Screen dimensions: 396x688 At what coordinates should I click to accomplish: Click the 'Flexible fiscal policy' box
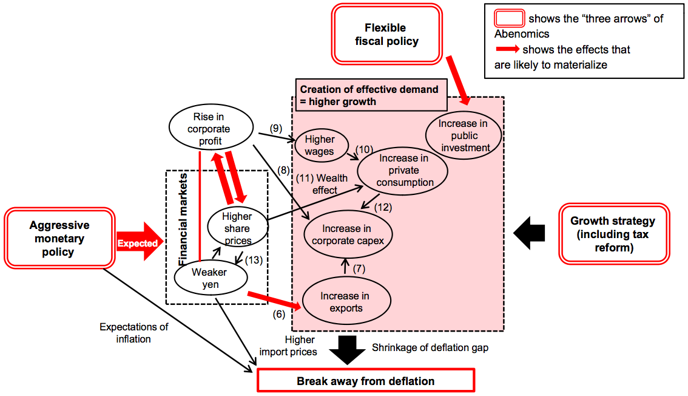(386, 35)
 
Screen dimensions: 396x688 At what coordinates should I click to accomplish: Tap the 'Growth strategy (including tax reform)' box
(613, 234)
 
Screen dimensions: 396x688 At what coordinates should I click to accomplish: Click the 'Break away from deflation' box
(365, 381)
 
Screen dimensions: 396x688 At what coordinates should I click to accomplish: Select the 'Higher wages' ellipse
(320, 146)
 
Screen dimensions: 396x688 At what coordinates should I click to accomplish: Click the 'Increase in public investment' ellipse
(464, 135)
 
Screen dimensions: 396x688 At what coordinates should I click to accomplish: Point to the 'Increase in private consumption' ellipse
(403, 170)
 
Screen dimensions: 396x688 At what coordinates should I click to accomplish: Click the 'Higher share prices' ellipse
(237, 228)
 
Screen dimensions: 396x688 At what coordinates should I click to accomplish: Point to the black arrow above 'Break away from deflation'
(347, 349)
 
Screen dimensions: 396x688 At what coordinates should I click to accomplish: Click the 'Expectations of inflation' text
(133, 333)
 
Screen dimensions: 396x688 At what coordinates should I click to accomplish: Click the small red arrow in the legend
(507, 49)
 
